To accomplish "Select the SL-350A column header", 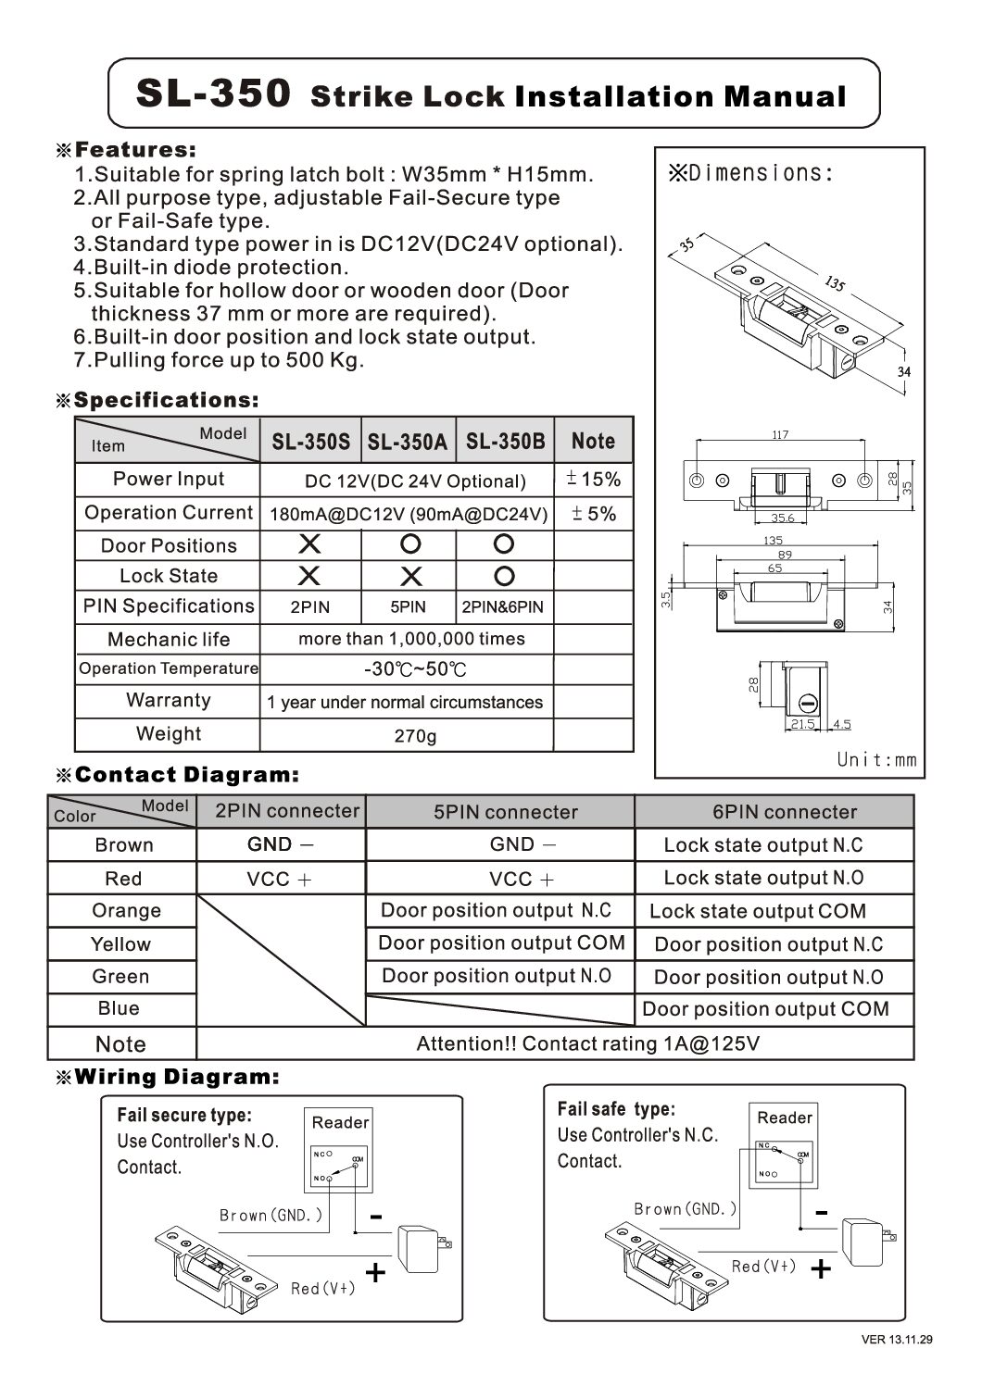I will (x=407, y=442).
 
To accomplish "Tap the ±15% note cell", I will (x=593, y=480).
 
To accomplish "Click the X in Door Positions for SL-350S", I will (x=309, y=544).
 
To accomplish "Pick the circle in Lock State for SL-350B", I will (x=504, y=576).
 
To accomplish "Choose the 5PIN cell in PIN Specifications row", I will (x=407, y=607).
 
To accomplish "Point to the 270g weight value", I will (x=414, y=736).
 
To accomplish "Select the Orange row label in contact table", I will (x=125, y=911).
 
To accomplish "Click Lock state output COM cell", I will (x=757, y=911).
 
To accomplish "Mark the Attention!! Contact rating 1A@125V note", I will (x=587, y=1044).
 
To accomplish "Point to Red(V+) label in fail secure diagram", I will (x=322, y=1288).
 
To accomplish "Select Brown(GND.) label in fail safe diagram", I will (x=686, y=1208).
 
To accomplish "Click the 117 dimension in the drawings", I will (x=780, y=434).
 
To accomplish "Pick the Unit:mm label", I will (x=875, y=759).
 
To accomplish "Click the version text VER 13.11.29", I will (x=897, y=1365).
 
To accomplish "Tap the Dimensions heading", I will (x=751, y=172).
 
